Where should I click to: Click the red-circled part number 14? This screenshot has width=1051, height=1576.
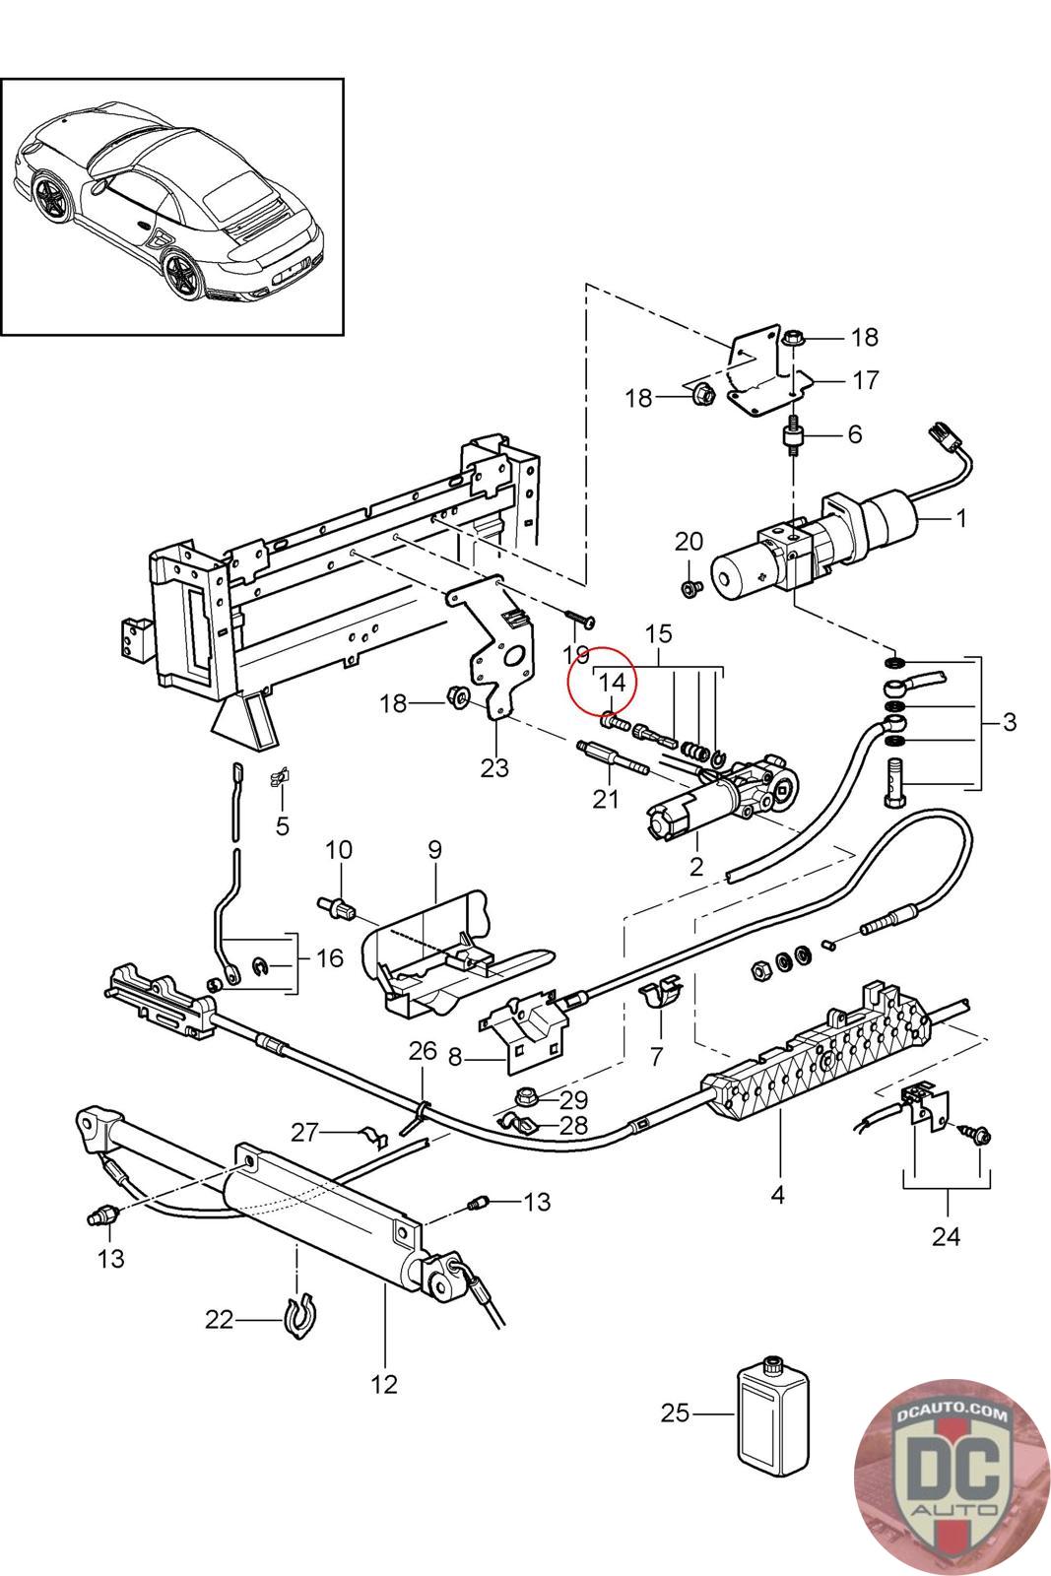click(x=612, y=682)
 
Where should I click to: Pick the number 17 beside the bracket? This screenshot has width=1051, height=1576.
click(x=865, y=380)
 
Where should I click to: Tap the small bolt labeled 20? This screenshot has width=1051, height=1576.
click(x=690, y=587)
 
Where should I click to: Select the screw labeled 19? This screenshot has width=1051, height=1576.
click(x=580, y=618)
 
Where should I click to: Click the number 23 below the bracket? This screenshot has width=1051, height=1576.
click(x=494, y=767)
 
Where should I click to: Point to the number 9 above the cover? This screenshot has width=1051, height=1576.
click(x=434, y=850)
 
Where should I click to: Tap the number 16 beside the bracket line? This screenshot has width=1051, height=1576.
click(x=329, y=957)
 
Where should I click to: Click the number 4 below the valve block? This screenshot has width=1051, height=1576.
click(x=777, y=1194)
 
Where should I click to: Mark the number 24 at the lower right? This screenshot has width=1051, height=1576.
click(x=946, y=1235)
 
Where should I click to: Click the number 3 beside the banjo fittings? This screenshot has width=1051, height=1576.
click(x=1010, y=722)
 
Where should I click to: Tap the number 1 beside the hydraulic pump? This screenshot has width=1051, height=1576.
click(x=961, y=518)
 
